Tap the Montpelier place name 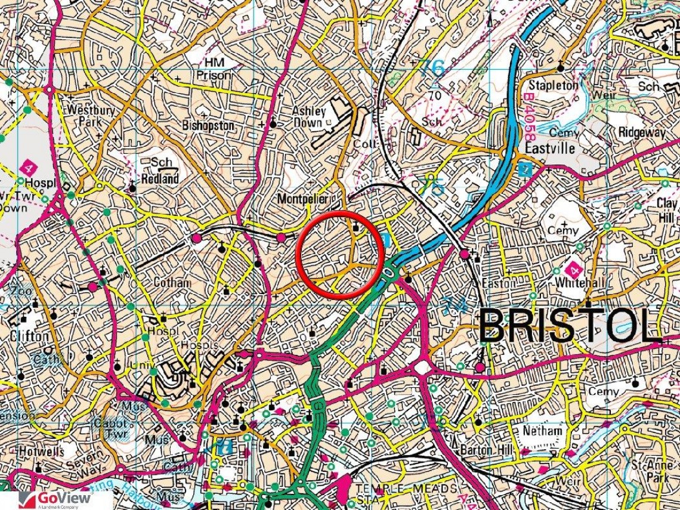click(x=304, y=197)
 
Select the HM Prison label click(x=216, y=69)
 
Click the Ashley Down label click(x=309, y=116)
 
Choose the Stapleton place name click(x=552, y=85)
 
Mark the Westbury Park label click(x=85, y=116)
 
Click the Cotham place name click(x=172, y=282)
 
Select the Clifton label click(x=29, y=336)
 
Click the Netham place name click(x=542, y=430)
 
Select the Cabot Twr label click(x=110, y=428)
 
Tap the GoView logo click(x=57, y=499)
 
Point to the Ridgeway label click(x=641, y=132)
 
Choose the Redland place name click(x=160, y=178)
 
